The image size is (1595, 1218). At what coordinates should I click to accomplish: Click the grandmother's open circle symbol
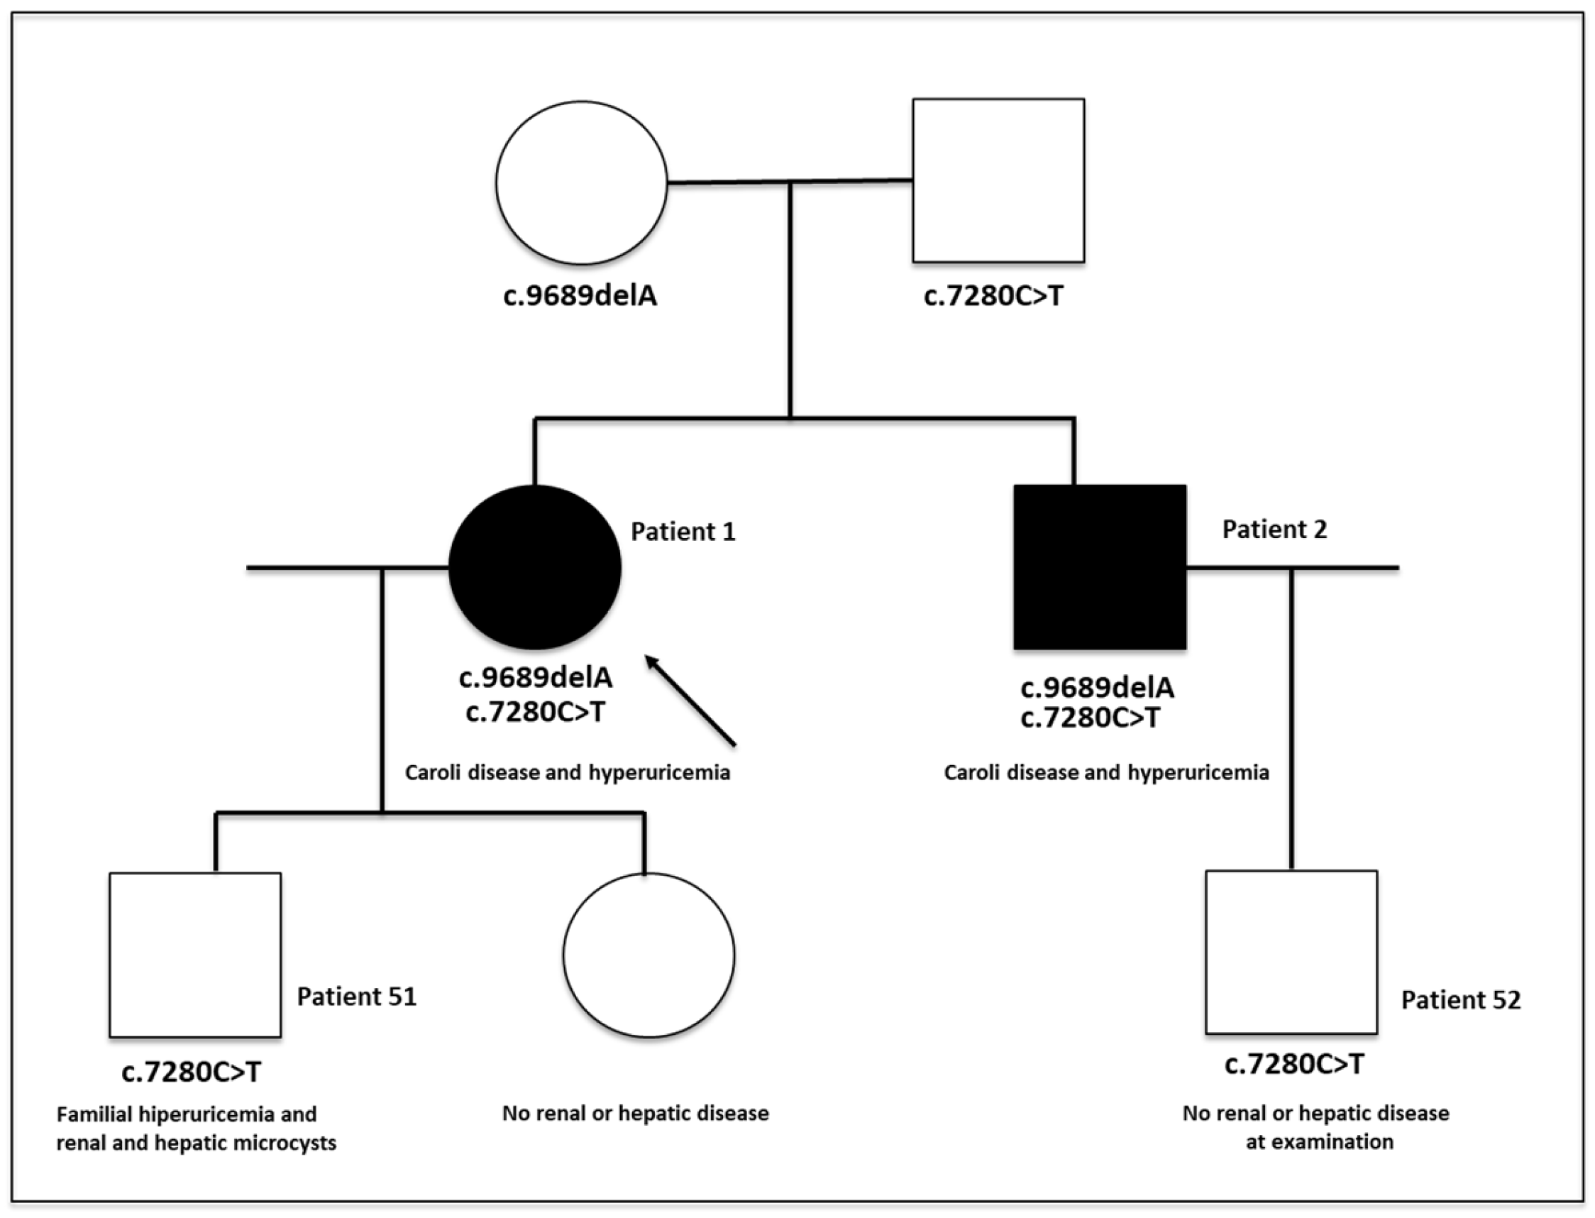point(581,182)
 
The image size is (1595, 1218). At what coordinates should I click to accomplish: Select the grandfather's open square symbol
point(998,180)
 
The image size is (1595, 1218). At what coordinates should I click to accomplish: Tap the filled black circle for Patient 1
point(535,567)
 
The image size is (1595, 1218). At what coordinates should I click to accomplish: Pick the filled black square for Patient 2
point(1099,567)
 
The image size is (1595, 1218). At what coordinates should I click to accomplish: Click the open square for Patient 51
point(195,955)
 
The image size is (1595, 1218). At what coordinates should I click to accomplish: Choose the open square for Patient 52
point(1291,952)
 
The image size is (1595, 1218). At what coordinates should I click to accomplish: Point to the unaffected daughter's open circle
point(649,955)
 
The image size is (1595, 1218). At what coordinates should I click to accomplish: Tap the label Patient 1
point(683,532)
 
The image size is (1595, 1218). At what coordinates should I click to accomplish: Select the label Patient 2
point(1274,530)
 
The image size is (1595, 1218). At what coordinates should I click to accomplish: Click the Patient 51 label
point(357,997)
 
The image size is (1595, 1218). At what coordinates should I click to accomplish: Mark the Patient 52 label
point(1460,1000)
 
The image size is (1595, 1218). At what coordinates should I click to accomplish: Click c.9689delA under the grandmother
point(580,296)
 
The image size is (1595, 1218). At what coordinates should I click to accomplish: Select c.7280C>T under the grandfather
point(993,296)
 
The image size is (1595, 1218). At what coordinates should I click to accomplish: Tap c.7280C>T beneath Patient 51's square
point(192,1072)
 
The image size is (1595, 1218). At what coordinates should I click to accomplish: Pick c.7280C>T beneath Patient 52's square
point(1293,1064)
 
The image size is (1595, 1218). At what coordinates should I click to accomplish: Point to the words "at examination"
point(1319,1142)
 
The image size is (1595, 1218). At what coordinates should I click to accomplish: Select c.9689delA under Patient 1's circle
point(536,678)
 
